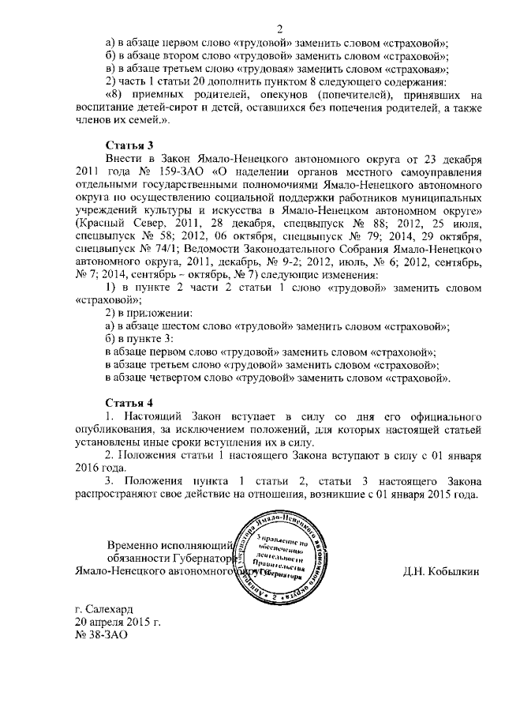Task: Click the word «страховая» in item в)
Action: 410,69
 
